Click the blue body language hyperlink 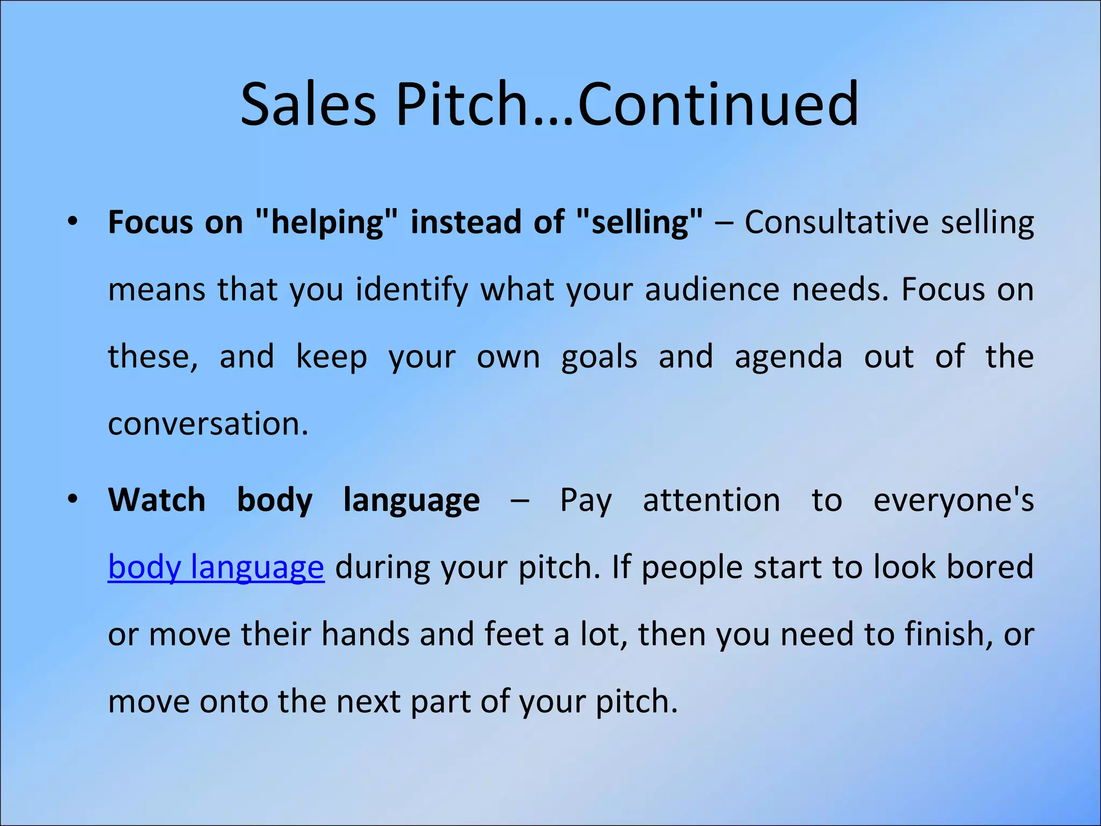click(216, 567)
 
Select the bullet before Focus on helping click(73, 222)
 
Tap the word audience click(712, 289)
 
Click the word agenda click(788, 357)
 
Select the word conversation click(208, 424)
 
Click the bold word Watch click(156, 500)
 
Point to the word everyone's click(953, 500)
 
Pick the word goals click(599, 357)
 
